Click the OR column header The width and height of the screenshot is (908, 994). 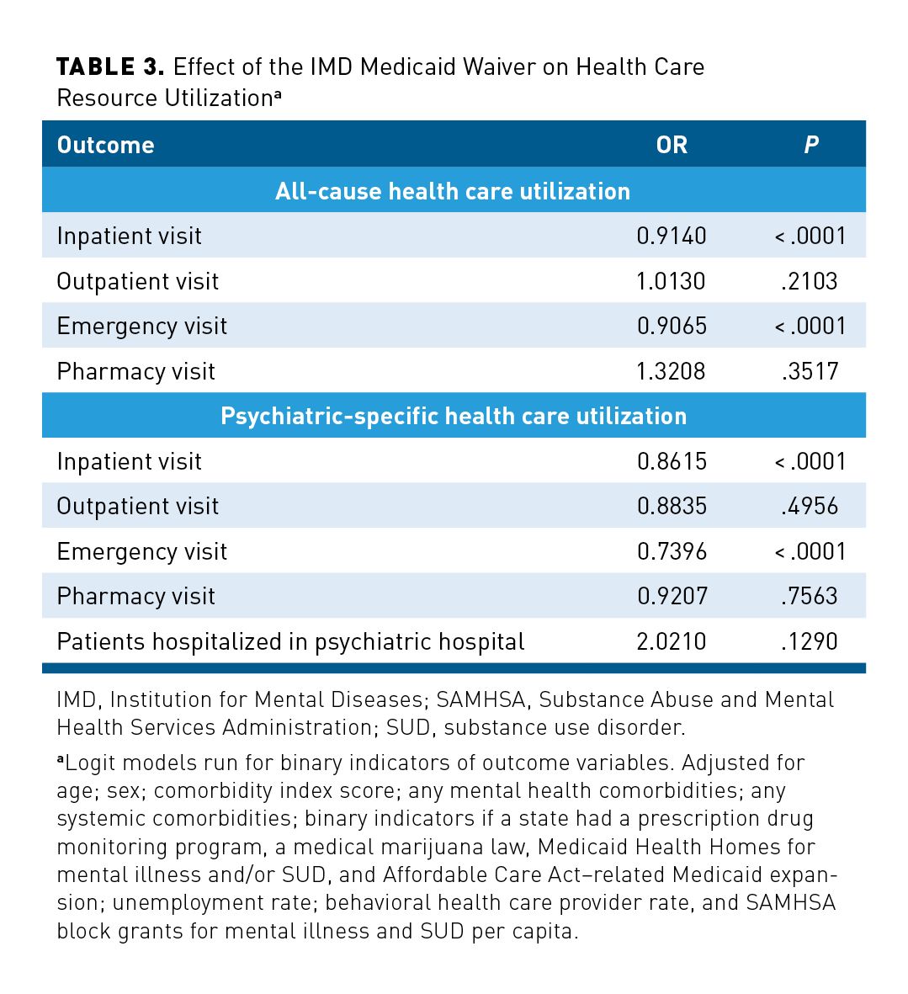(x=672, y=145)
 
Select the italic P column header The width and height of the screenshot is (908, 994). (x=810, y=145)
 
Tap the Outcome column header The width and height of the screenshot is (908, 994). (x=105, y=145)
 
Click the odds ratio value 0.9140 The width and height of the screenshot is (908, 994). (x=672, y=236)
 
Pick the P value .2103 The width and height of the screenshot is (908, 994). (x=810, y=281)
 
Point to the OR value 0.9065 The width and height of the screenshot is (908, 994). (x=672, y=326)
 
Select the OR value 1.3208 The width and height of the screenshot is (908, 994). (x=672, y=371)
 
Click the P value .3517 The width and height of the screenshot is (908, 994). (x=810, y=371)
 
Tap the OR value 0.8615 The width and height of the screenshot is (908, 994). (x=672, y=461)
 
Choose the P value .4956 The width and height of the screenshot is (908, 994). (x=810, y=506)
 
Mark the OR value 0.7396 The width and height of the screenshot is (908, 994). (x=672, y=551)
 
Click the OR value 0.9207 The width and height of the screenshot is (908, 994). (x=672, y=596)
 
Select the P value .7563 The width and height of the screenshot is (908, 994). (x=810, y=596)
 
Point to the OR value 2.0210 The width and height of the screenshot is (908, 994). (x=672, y=641)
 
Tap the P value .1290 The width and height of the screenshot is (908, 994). (x=810, y=641)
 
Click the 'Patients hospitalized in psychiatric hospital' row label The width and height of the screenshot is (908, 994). (x=290, y=641)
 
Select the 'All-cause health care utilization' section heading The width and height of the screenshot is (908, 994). (x=453, y=191)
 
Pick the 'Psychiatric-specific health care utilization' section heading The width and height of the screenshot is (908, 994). (x=453, y=416)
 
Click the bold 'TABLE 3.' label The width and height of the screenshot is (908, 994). (x=110, y=67)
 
